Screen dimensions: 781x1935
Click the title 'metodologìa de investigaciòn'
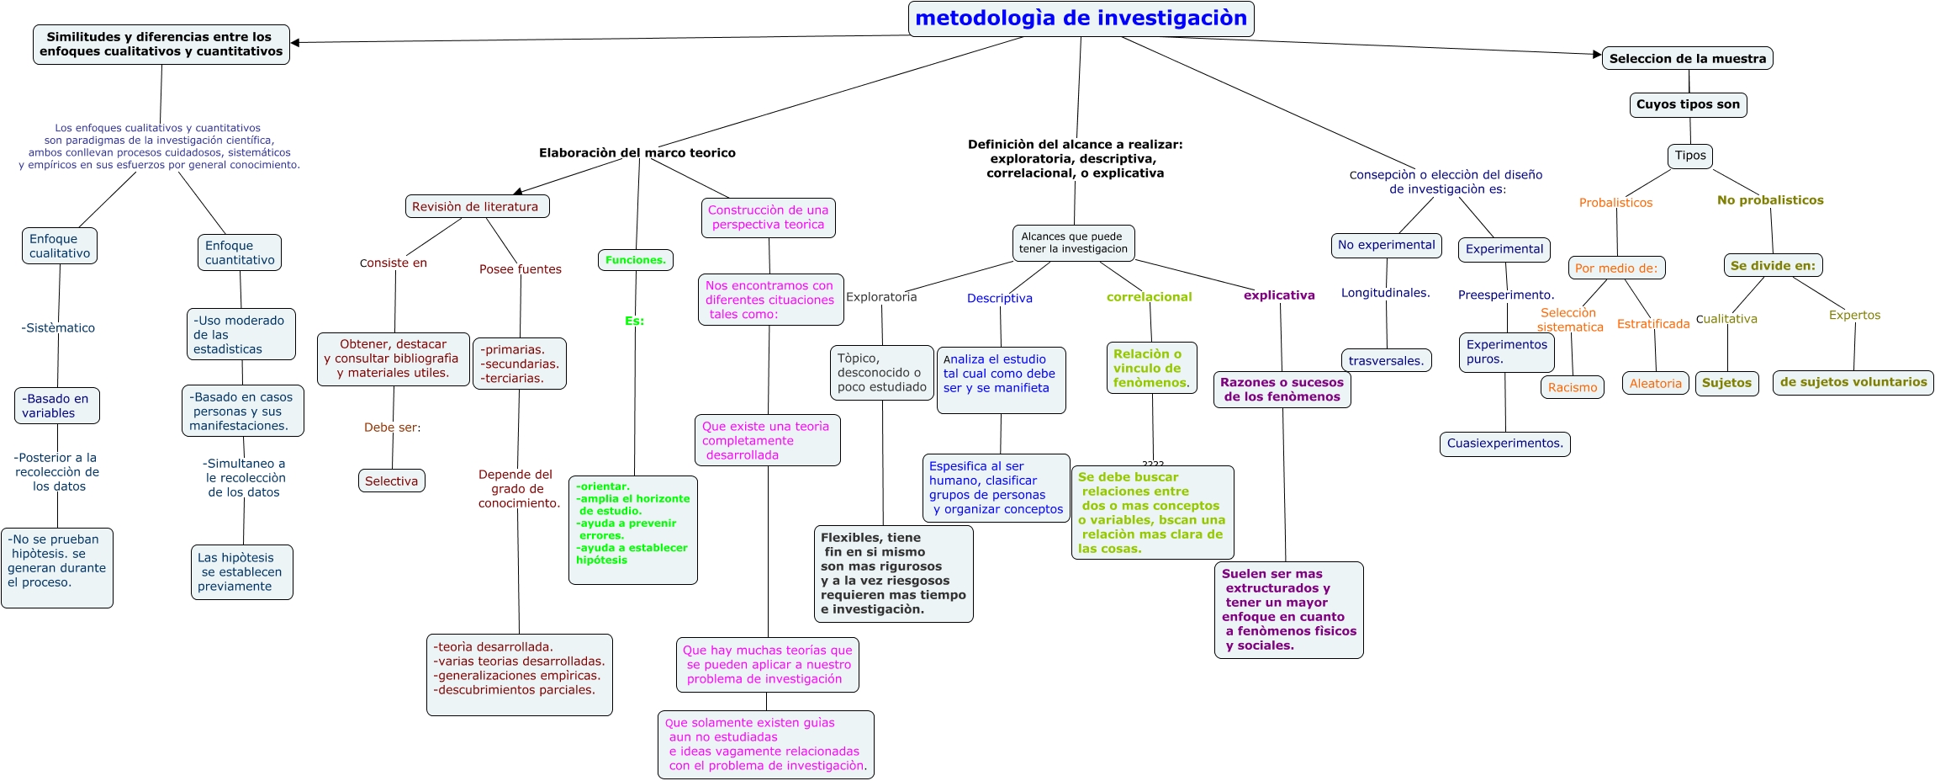tap(1081, 19)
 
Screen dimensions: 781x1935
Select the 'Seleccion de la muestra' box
tap(1687, 58)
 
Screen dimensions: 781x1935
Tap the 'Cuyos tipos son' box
tap(1688, 104)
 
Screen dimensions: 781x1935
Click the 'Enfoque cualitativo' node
tap(60, 247)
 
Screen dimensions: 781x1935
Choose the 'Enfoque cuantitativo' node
tap(240, 252)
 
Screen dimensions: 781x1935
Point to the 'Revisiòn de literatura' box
tap(476, 207)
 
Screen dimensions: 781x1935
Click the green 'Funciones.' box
tap(636, 260)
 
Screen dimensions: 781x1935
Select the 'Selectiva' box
tap(391, 481)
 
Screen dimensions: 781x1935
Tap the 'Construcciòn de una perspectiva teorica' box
tap(768, 217)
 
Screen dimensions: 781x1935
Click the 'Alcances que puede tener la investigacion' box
tap(1073, 242)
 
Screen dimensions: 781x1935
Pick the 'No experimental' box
tap(1386, 245)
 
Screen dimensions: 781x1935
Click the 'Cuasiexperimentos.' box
tap(1504, 444)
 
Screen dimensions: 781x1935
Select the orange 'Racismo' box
tap(1572, 387)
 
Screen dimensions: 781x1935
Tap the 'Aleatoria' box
tap(1655, 383)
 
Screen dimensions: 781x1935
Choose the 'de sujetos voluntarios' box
tap(1853, 382)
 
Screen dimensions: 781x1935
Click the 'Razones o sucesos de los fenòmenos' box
tap(1282, 389)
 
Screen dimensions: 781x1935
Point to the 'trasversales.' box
tap(1386, 360)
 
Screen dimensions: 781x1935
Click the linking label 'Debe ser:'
tap(392, 428)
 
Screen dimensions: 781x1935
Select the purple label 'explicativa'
tap(1279, 295)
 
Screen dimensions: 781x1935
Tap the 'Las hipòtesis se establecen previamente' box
tap(241, 572)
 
